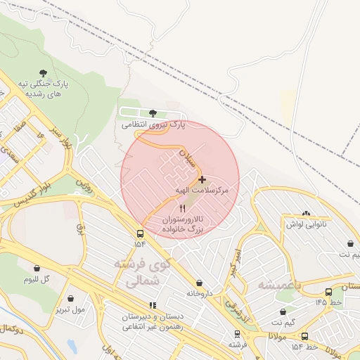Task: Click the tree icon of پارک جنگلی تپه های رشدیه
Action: (x=44, y=73)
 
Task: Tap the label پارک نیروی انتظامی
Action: (x=153, y=124)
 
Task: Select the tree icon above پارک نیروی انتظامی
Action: (x=153, y=112)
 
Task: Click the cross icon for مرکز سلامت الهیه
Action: (x=203, y=180)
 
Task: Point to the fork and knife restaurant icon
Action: (x=183, y=208)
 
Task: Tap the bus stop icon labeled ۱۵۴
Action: (x=140, y=233)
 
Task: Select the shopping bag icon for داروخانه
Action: (x=199, y=283)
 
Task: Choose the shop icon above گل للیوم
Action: (x=37, y=268)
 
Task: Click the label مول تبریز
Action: (x=68, y=309)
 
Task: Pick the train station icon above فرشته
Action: (x=237, y=335)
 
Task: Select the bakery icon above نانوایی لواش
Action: (x=305, y=214)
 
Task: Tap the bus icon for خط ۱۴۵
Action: (x=328, y=292)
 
